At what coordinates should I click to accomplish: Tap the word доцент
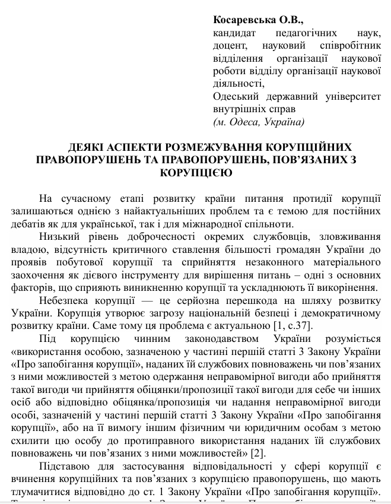[229, 46]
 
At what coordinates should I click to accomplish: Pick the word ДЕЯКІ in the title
[84, 147]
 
